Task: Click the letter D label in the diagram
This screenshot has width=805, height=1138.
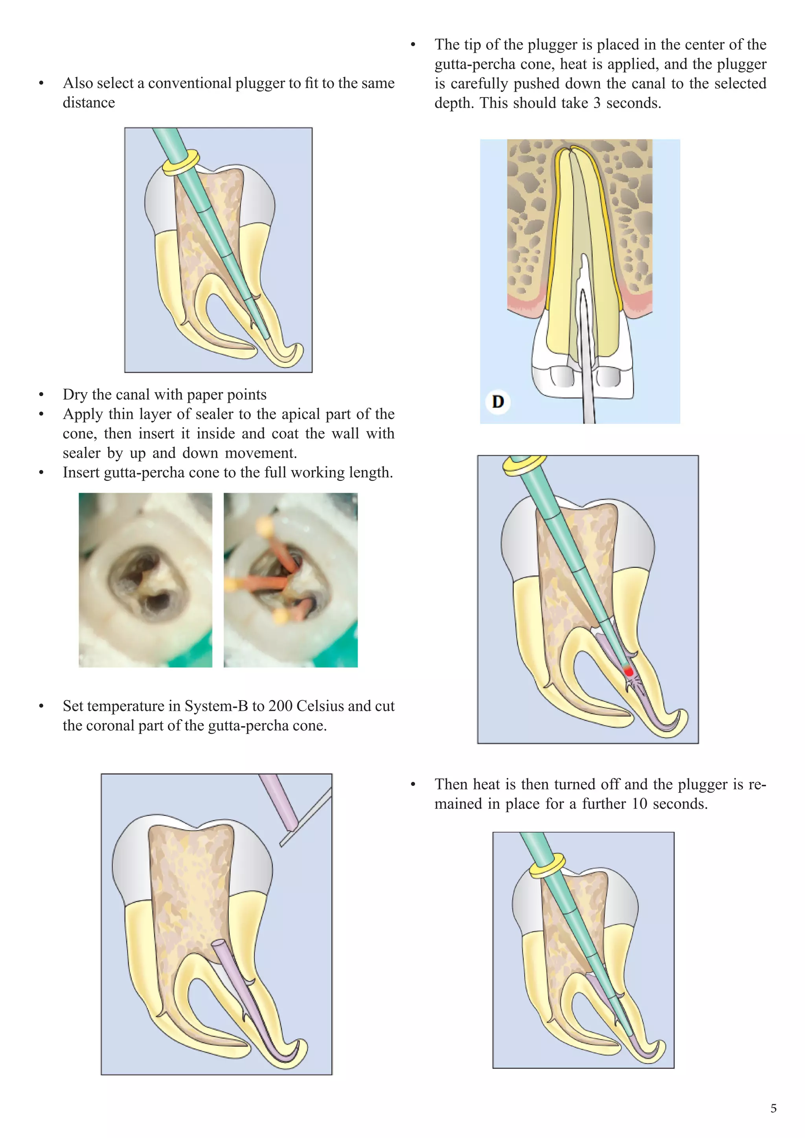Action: click(x=498, y=402)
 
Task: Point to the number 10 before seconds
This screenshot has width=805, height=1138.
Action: click(x=640, y=804)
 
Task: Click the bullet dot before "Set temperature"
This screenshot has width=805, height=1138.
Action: click(x=42, y=706)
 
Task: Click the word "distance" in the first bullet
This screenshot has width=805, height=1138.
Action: click(x=89, y=103)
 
